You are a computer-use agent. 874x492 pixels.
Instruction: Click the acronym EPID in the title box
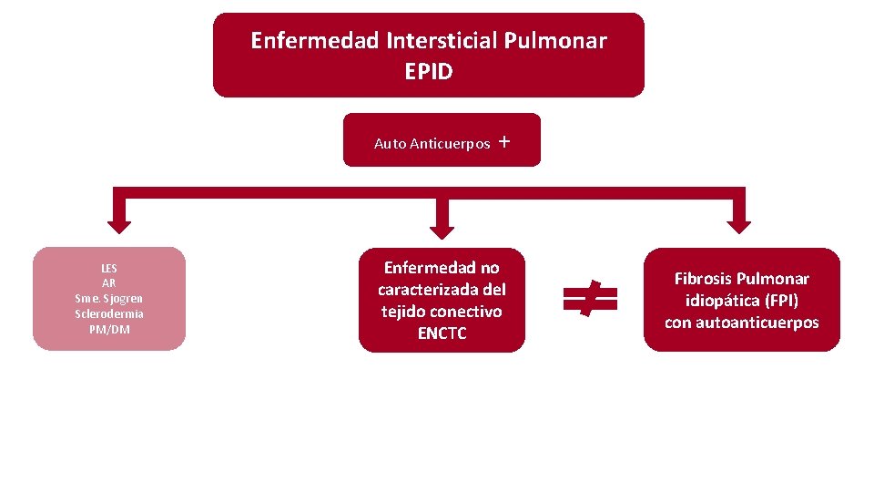(428, 71)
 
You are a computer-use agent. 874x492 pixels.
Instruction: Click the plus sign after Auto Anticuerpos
(504, 142)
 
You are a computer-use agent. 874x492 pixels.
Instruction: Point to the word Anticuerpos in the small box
(451, 144)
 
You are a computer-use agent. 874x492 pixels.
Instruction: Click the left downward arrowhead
(119, 221)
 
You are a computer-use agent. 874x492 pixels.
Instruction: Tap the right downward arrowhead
(738, 221)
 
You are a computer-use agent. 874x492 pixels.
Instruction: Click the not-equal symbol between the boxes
(590, 298)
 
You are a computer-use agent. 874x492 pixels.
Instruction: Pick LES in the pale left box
(109, 269)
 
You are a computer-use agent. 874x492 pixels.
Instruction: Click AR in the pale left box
(109, 283)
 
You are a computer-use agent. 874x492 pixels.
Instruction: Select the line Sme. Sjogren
(109, 299)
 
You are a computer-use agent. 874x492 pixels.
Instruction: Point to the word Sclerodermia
(109, 313)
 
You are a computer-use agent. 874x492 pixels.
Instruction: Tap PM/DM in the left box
(109, 329)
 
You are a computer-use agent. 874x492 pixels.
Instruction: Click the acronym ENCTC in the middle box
(442, 333)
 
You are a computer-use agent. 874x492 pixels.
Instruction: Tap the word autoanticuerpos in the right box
(757, 323)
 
